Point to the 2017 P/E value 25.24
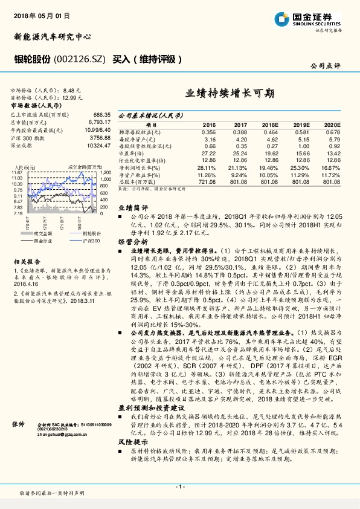[x=240, y=154]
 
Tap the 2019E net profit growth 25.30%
[x=301, y=167]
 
